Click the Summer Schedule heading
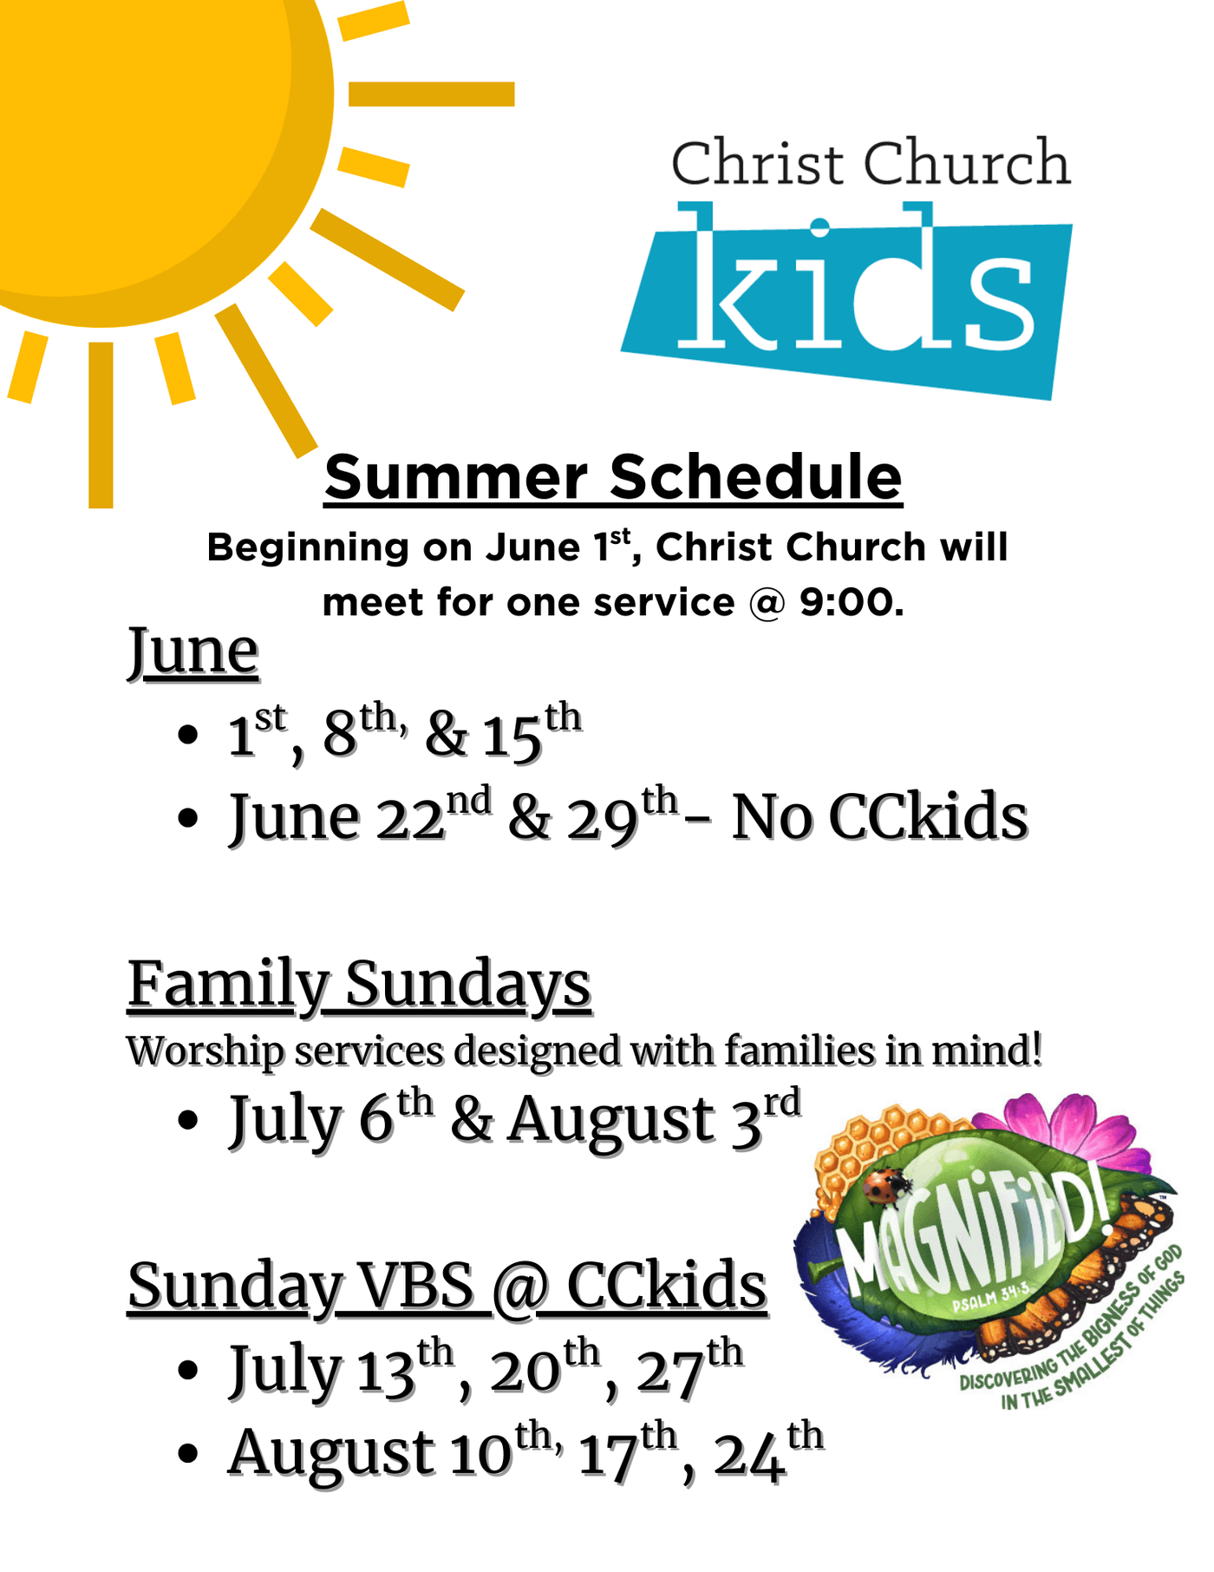pyautogui.click(x=613, y=477)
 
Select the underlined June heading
pyautogui.click(x=193, y=652)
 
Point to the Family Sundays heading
pyautogui.click(x=359, y=986)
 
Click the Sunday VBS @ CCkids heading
pyautogui.click(x=447, y=1287)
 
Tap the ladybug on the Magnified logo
pyautogui.click(x=885, y=1186)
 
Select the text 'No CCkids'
pyautogui.click(x=879, y=817)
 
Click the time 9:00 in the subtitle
pyautogui.click(x=851, y=602)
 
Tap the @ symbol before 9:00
pyautogui.click(x=766, y=603)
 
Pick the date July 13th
pyautogui.click(x=341, y=1369)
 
